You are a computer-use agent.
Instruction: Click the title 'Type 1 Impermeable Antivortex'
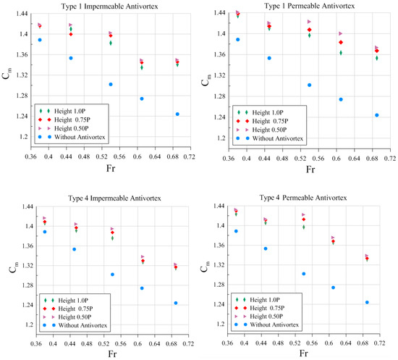pos(103,7)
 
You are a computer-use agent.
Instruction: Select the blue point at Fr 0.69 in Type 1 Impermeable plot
pos(177,114)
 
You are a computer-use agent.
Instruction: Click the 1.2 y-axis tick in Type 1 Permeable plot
pos(219,136)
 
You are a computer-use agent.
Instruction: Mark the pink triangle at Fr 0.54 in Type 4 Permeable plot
pos(303,215)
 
